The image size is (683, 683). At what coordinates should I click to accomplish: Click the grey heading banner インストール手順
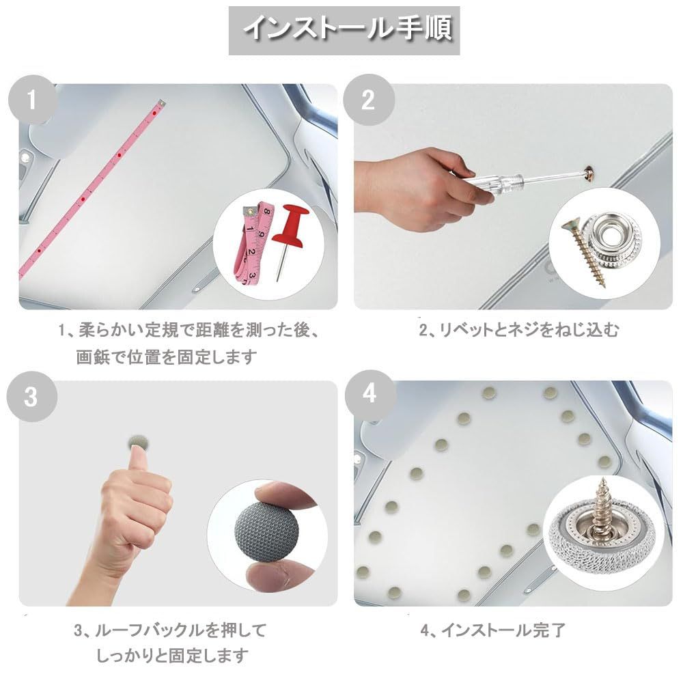click(344, 31)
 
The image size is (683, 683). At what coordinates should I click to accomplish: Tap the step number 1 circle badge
click(32, 100)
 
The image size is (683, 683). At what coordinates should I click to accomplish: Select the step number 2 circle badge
click(369, 100)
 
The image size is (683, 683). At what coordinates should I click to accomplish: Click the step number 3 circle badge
click(31, 396)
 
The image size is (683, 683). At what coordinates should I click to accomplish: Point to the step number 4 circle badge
click(370, 394)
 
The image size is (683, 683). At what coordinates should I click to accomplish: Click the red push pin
click(289, 238)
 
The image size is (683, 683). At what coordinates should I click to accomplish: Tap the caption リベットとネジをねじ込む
click(518, 329)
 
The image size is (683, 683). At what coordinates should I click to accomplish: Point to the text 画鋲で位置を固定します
click(167, 357)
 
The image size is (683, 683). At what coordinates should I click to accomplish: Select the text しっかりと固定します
click(172, 656)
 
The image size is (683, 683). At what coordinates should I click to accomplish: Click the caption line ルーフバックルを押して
click(170, 630)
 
